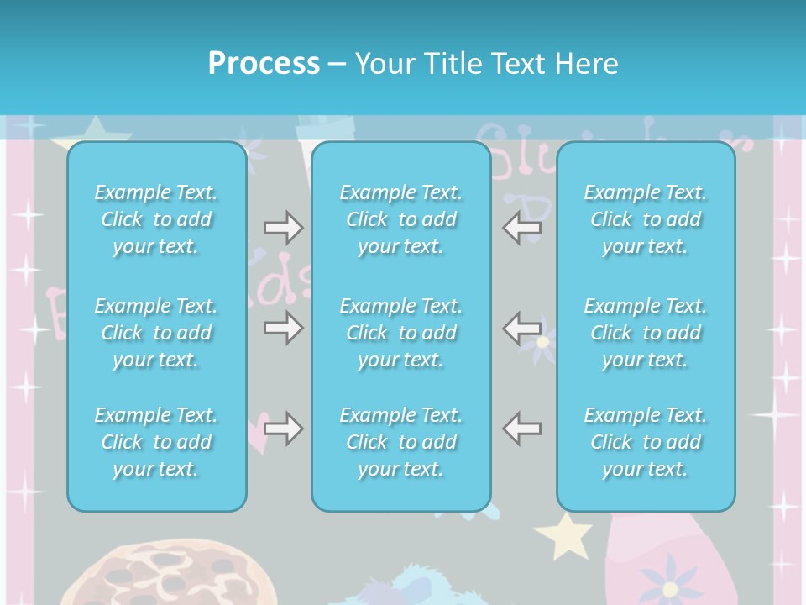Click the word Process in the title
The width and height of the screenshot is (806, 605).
tap(264, 64)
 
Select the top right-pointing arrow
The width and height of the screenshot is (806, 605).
tap(283, 228)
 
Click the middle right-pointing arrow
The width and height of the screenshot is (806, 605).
tap(283, 327)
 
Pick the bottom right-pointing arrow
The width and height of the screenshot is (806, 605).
tap(283, 429)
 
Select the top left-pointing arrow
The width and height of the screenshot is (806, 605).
tap(522, 228)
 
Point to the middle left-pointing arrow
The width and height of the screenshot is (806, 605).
tap(522, 327)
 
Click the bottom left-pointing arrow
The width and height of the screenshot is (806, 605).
tap(522, 429)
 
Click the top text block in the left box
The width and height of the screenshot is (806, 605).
tap(156, 219)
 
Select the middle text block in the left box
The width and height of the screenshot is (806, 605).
tap(156, 333)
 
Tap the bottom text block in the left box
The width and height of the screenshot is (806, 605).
tap(156, 442)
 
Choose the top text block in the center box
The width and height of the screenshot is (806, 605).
tap(401, 219)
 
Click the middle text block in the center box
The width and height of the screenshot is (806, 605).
tap(401, 333)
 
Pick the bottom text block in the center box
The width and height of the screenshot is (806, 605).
tap(401, 442)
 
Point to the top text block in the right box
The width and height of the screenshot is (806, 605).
tap(646, 219)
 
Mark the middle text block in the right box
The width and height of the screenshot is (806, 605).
tap(646, 333)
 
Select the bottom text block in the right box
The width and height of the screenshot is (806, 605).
tap(646, 442)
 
